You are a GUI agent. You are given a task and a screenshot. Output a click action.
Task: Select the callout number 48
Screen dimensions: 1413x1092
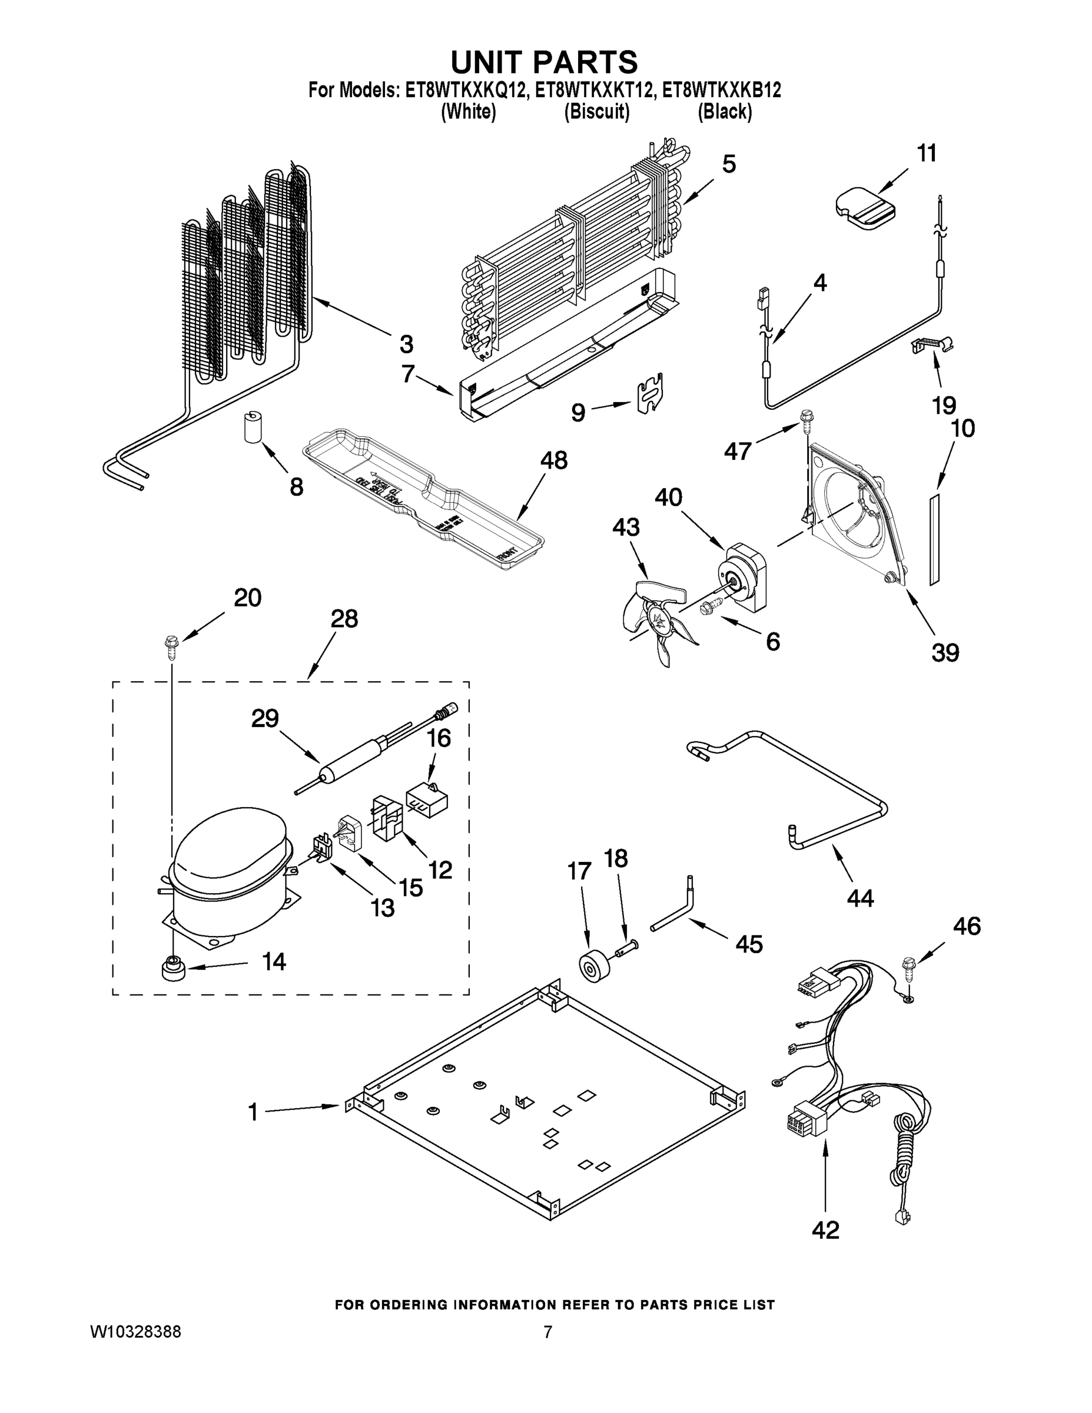coord(554,460)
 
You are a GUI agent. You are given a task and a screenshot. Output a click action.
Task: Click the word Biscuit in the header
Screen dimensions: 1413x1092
coord(596,112)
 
